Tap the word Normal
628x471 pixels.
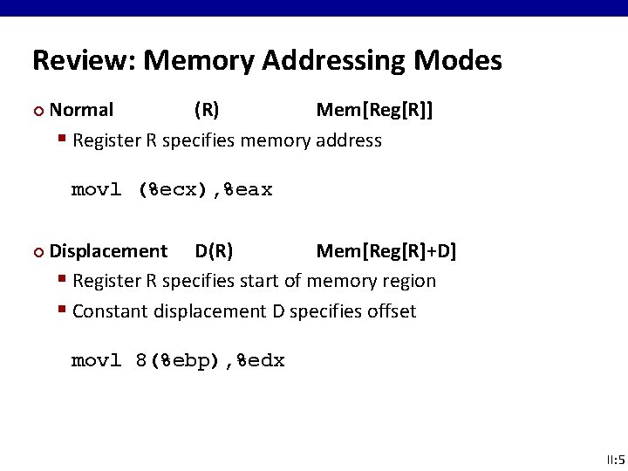pos(81,110)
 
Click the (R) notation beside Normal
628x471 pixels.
pos(207,110)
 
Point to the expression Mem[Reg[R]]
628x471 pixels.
pos(374,110)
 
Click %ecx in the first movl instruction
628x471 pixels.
pos(178,190)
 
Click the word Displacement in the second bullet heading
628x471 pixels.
pos(108,252)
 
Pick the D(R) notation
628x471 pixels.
pos(214,252)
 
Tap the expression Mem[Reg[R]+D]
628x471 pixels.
pos(386,252)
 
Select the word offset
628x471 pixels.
pos(392,311)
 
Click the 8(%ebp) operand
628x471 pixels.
pos(178,361)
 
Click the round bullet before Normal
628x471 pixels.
pos(37,111)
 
